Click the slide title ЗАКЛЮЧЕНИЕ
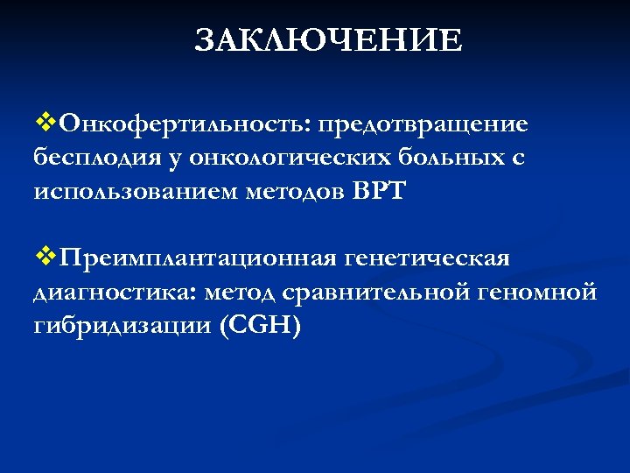coord(328,40)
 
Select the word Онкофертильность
coord(179,124)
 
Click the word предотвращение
coord(423,124)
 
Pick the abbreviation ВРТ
coord(379,192)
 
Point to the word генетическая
coord(428,259)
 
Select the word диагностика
coord(102,293)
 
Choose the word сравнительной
coord(372,293)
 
